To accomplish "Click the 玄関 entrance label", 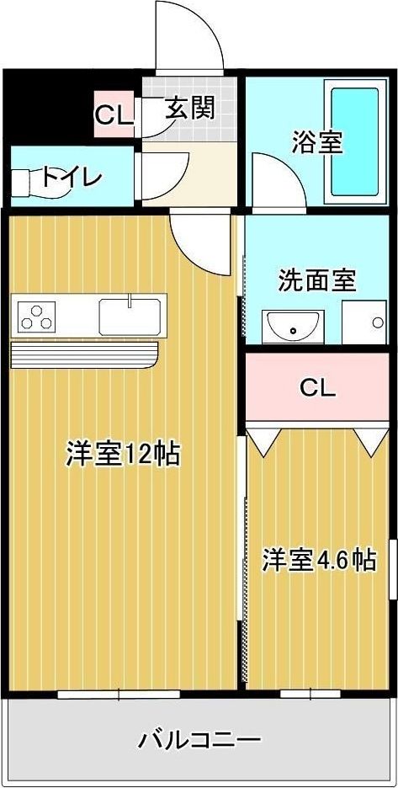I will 189,108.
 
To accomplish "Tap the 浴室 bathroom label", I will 317,141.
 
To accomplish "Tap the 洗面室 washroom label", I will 317,280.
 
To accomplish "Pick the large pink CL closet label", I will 318,388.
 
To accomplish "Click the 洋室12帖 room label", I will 123,454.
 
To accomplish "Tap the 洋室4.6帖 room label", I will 318,560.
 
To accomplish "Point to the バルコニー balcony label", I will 199,741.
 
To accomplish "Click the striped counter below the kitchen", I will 84,354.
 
